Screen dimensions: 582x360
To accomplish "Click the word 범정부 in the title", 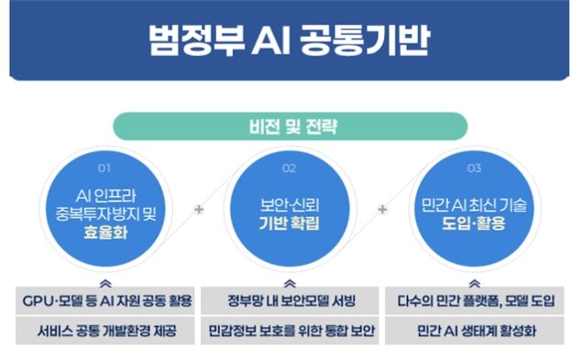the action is coord(197,40).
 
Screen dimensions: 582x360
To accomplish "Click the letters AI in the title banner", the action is coord(271,41).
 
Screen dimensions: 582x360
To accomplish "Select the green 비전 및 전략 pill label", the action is coord(290,126).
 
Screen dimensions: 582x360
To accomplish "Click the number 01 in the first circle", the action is coord(104,169).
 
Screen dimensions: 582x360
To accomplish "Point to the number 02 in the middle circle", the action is coord(289,169).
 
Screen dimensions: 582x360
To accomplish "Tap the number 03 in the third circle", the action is coord(475,169).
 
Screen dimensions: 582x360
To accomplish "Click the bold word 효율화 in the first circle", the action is coord(105,233).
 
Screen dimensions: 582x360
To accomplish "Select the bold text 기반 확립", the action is coord(289,224).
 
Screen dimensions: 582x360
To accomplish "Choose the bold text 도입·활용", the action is coord(474,224).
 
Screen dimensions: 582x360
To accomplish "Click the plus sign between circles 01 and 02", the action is coord(199,210).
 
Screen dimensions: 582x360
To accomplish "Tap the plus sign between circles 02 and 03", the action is coord(382,210).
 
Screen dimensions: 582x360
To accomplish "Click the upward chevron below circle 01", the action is coord(105,284).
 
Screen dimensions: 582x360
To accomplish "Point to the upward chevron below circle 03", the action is coord(475,284).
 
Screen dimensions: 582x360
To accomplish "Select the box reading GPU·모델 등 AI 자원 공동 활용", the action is coord(105,300).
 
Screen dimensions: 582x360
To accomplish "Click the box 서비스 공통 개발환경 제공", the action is coord(105,331).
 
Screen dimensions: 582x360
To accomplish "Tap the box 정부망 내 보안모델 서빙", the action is coord(290,300).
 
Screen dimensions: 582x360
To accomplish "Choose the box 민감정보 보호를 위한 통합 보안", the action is coord(290,331).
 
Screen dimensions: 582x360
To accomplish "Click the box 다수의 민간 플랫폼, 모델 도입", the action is coord(475,300).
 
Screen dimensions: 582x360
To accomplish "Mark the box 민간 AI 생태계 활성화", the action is coord(475,331).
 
